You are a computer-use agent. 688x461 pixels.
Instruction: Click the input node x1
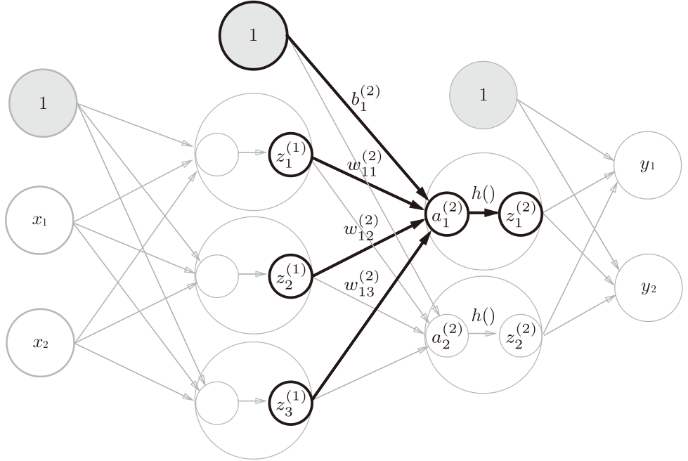pos(39,220)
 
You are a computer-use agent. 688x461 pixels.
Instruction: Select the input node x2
pos(39,343)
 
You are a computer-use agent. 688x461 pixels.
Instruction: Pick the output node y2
pos(647,288)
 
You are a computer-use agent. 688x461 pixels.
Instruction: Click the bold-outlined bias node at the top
pos(253,36)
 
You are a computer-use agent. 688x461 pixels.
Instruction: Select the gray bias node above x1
pos(42,103)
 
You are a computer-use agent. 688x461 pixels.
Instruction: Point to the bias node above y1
pos(483,96)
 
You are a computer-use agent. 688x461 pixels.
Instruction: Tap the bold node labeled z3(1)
pos(290,401)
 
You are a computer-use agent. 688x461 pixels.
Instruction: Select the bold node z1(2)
pos(521,216)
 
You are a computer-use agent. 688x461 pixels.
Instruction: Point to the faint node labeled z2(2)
pos(521,336)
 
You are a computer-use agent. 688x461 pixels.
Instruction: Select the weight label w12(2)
pos(359,228)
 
